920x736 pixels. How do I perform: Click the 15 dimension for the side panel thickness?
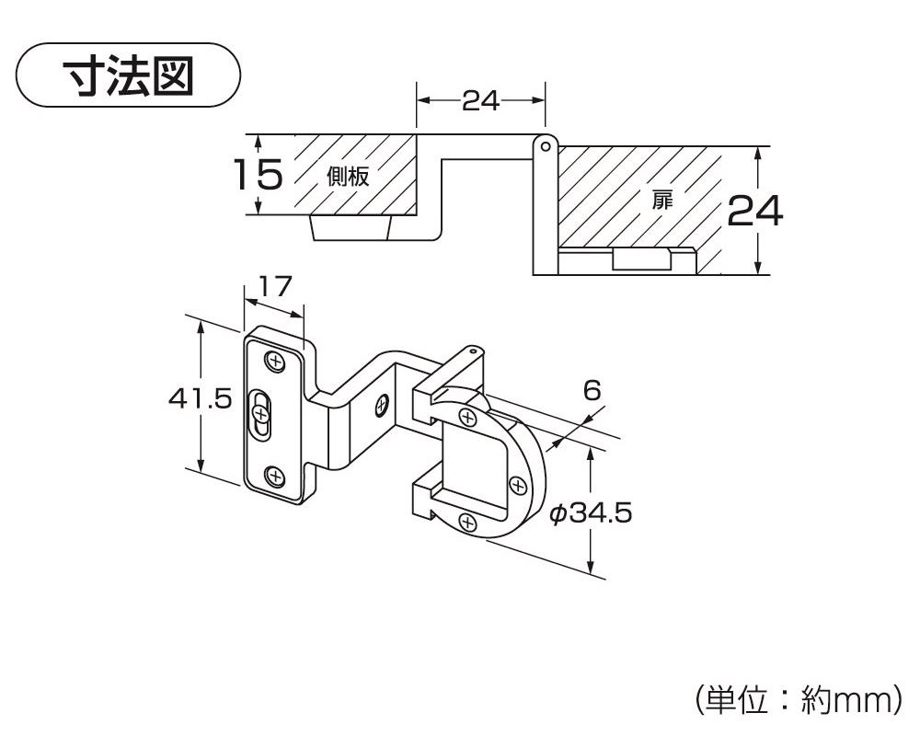[257, 174]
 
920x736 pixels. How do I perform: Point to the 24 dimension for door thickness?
[754, 212]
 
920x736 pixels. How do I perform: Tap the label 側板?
[348, 177]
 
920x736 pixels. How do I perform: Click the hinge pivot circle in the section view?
[545, 145]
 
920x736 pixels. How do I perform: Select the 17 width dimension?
[272, 286]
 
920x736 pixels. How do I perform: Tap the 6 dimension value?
[592, 390]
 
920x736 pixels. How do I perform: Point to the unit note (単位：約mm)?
[797, 699]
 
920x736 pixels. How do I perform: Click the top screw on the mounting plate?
[275, 361]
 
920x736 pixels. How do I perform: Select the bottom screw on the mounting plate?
[274, 476]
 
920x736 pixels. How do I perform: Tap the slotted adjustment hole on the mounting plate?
[262, 416]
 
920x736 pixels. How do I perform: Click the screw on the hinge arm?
[382, 402]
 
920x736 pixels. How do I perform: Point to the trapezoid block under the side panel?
[353, 227]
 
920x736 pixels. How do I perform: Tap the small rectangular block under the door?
[641, 259]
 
